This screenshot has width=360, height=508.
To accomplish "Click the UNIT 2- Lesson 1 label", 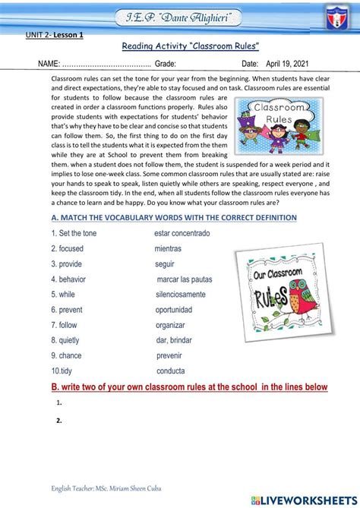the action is tap(55, 35).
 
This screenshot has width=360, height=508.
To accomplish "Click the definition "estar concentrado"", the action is tap(182, 233).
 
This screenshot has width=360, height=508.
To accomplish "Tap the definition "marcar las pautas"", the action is tap(184, 279).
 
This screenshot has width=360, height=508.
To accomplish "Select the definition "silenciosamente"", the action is tap(180, 295).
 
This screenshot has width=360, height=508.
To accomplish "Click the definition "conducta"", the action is tap(170, 371).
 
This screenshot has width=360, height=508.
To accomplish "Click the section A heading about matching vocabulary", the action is tap(174, 217).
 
